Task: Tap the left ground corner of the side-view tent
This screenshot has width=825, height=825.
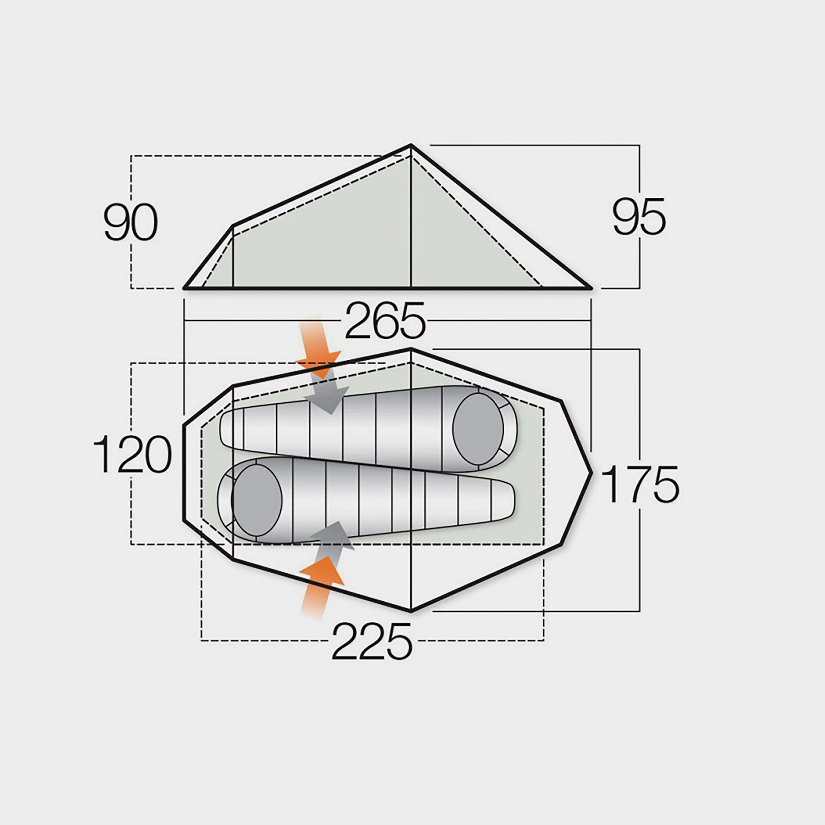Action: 184,288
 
